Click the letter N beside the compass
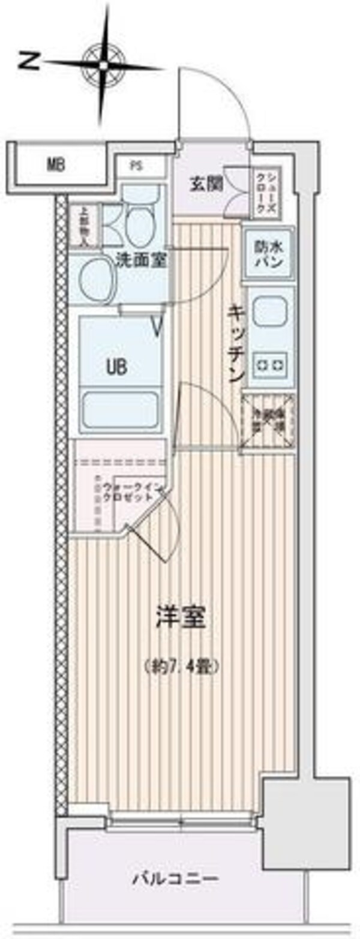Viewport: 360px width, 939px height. (x=28, y=60)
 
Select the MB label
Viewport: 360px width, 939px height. (x=56, y=163)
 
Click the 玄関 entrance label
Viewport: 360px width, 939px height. (x=206, y=184)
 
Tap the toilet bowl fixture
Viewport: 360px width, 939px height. (x=142, y=223)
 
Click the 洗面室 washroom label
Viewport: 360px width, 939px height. (x=142, y=261)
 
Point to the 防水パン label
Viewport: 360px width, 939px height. (x=268, y=256)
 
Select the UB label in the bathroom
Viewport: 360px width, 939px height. (x=117, y=367)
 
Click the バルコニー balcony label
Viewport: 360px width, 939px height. (x=176, y=880)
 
